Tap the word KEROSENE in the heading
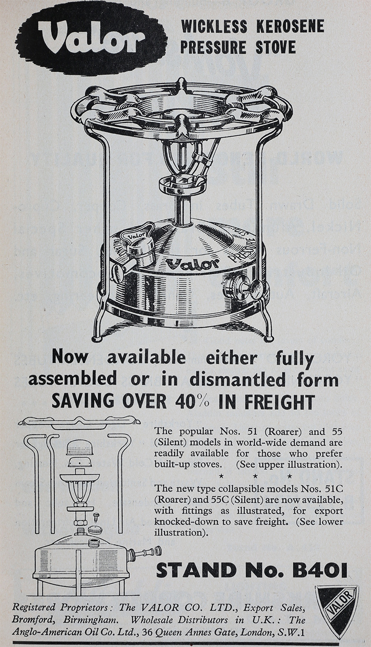[290, 26]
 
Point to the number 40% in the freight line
[195, 401]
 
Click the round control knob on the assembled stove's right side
[256, 290]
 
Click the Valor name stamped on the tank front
[192, 263]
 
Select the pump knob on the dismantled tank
[158, 550]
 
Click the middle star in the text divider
[255, 476]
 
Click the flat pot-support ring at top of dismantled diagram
[80, 422]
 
